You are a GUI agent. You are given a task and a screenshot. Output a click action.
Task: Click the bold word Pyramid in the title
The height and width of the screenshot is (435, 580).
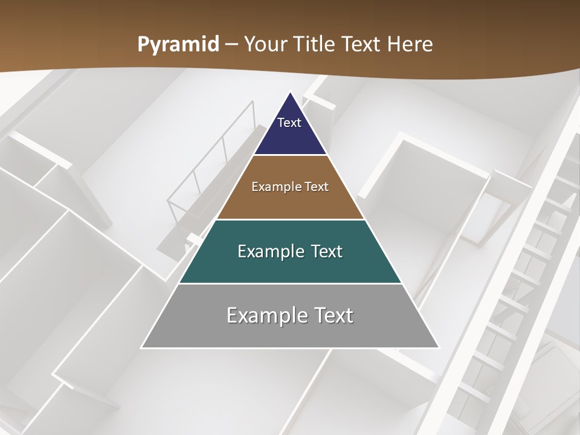tap(178, 45)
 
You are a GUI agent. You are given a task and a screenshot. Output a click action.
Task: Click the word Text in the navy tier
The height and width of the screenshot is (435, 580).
tap(289, 123)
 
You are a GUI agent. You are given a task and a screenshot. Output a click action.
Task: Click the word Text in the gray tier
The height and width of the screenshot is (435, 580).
tap(332, 315)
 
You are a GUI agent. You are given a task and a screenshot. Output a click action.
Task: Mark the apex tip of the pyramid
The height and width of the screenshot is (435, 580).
tap(290, 92)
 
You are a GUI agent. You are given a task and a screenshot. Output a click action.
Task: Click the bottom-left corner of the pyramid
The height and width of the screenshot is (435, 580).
tap(142, 347)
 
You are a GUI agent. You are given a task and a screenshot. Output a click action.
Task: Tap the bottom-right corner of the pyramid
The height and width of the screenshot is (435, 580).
tap(439, 347)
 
